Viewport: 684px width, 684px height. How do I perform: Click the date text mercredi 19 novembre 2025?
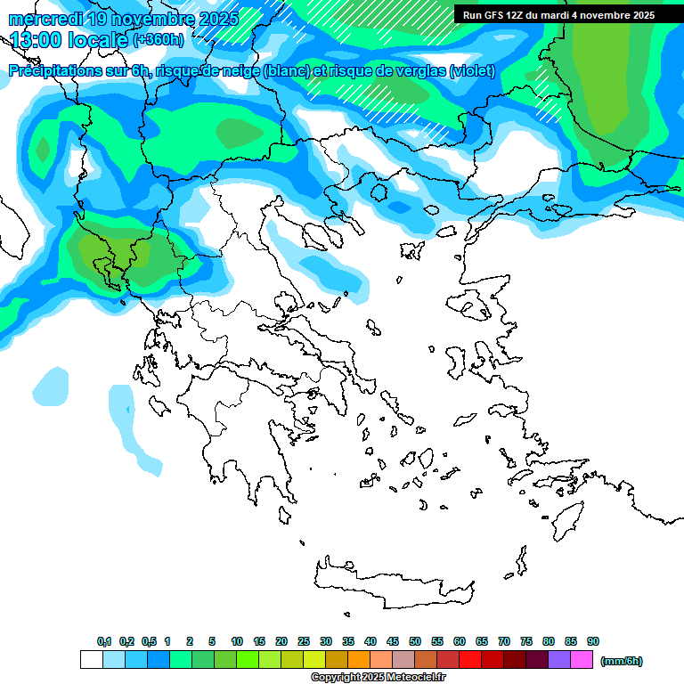click(x=123, y=19)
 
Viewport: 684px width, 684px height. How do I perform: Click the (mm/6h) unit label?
click(x=621, y=661)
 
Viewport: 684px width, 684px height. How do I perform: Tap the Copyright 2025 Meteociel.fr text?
click(x=378, y=678)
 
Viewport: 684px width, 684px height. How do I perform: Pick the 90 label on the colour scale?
click(x=593, y=642)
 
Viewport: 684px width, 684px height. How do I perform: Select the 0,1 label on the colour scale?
click(x=103, y=642)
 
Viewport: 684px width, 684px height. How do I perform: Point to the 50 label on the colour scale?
click(x=415, y=642)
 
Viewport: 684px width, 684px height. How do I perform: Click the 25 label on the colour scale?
click(x=304, y=642)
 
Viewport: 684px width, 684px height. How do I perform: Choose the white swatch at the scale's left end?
click(x=91, y=660)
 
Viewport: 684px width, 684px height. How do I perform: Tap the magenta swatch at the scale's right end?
click(x=582, y=660)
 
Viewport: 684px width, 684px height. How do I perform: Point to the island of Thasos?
click(x=379, y=192)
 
